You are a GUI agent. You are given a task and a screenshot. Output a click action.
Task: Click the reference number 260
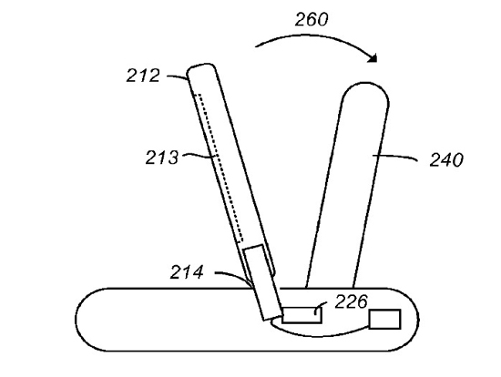312,19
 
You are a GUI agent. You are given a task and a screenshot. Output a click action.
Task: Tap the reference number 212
143,76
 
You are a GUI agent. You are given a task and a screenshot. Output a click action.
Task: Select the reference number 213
162,158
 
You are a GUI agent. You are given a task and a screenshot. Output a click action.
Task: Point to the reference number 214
187,272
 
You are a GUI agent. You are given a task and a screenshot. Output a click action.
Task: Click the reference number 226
351,301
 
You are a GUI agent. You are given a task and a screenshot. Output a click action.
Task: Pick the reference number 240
446,159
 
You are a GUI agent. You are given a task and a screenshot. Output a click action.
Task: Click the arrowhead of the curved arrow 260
373,58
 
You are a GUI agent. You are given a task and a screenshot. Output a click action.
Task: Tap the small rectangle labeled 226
302,315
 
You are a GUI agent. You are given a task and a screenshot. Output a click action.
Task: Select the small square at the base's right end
384,319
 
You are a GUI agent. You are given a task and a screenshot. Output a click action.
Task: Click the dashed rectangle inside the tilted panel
219,168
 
